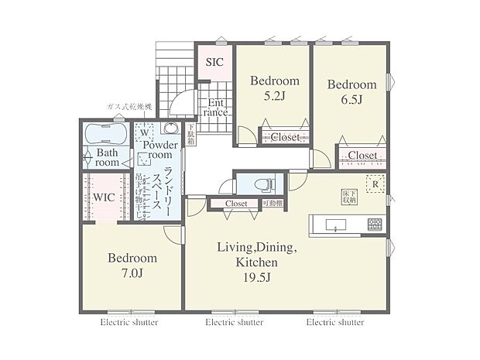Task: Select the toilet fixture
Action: click(260, 186)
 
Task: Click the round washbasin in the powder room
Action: click(170, 129)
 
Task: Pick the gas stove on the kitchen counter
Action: click(375, 225)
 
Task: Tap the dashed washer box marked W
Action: click(145, 132)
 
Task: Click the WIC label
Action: click(105, 197)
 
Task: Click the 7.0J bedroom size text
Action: click(132, 275)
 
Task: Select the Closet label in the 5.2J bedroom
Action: click(285, 138)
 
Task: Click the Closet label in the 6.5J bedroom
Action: click(362, 156)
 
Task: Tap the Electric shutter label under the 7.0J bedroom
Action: click(129, 322)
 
